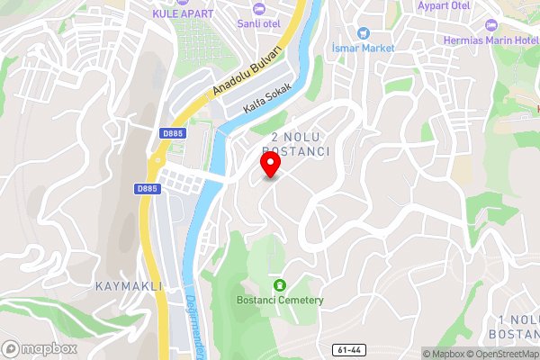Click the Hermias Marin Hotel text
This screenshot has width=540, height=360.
click(491, 40)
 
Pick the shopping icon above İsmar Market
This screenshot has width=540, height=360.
click(363, 31)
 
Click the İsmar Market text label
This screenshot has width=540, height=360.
click(363, 48)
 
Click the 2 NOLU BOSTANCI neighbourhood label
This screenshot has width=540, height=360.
click(295, 144)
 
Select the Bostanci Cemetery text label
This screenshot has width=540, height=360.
click(279, 300)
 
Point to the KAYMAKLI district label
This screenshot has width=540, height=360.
click(128, 285)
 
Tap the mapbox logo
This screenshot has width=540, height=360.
click(39, 348)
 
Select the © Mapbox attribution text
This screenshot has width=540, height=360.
click(444, 354)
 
